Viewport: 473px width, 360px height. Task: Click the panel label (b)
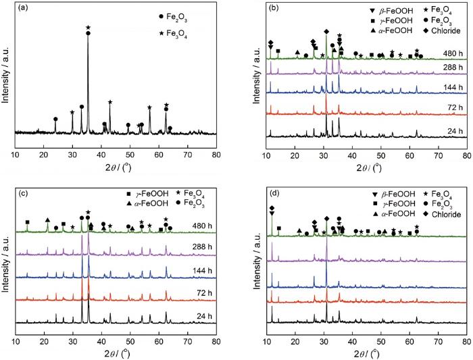[x=278, y=9]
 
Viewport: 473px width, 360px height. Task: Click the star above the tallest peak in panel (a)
[x=89, y=28]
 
